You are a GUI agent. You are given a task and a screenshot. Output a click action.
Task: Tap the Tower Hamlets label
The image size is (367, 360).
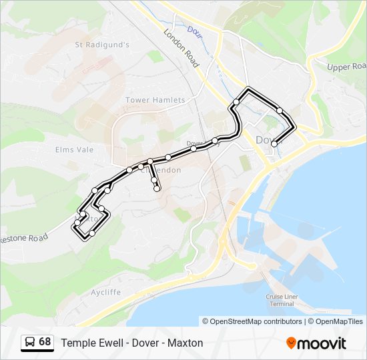coord(155,100)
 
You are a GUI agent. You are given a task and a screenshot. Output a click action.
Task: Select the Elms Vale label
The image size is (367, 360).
coord(74,150)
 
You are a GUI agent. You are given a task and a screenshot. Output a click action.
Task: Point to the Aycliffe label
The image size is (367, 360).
coord(87,292)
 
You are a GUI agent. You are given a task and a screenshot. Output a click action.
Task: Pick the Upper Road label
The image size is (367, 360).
coord(347,67)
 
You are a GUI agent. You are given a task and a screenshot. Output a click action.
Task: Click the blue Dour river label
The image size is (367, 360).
coord(194,30)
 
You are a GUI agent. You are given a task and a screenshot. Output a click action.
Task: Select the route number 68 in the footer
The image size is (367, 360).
coord(45,342)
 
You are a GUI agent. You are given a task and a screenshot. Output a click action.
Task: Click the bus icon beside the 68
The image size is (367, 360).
coord(30,343)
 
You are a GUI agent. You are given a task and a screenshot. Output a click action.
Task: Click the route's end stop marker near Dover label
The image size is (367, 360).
coord(274,143)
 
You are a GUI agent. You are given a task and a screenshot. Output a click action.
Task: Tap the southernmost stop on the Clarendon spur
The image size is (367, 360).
coord(157,189)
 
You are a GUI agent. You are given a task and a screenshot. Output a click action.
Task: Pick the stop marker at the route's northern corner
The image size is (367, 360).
coord(248,89)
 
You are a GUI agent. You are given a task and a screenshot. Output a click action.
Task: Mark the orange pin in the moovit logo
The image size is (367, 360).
coord(292,343)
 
